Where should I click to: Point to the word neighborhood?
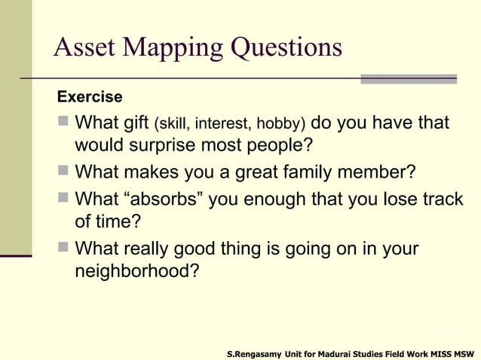[138, 270]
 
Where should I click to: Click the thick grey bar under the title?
[408, 78]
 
